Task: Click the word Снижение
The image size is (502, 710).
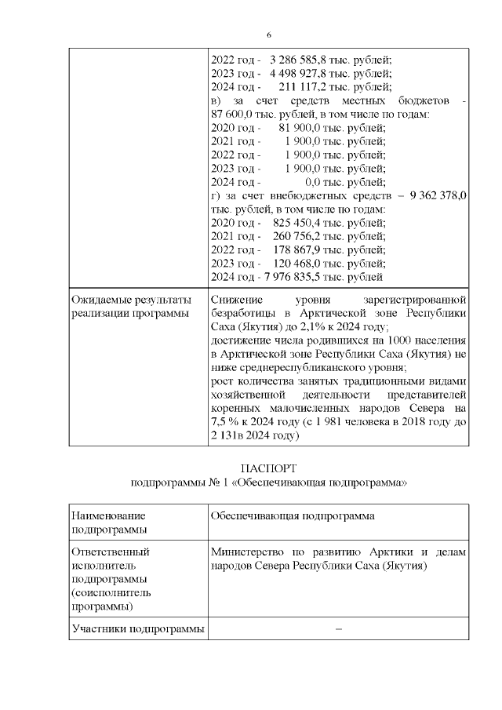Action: [237, 301]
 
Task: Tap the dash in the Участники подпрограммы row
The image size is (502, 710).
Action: [338, 628]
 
